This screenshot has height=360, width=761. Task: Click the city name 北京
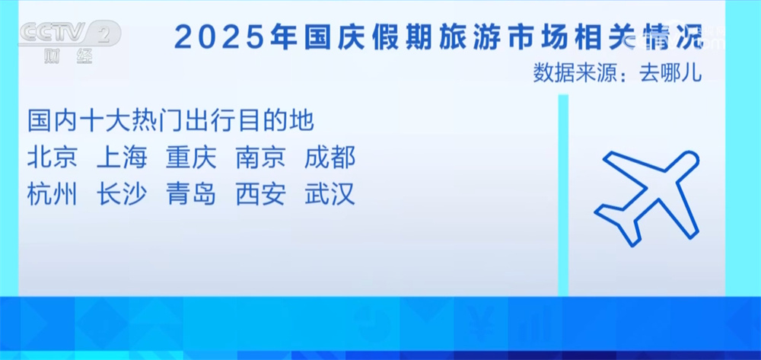click(53, 158)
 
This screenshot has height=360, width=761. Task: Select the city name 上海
click(122, 158)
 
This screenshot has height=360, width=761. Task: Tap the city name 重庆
click(191, 158)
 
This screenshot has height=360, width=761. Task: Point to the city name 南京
click(260, 158)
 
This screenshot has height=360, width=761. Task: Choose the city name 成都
click(330, 158)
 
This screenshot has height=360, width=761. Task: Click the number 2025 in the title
click(220, 37)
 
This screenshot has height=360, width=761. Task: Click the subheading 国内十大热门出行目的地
click(170, 122)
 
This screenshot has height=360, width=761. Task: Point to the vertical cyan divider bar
click(563, 195)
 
